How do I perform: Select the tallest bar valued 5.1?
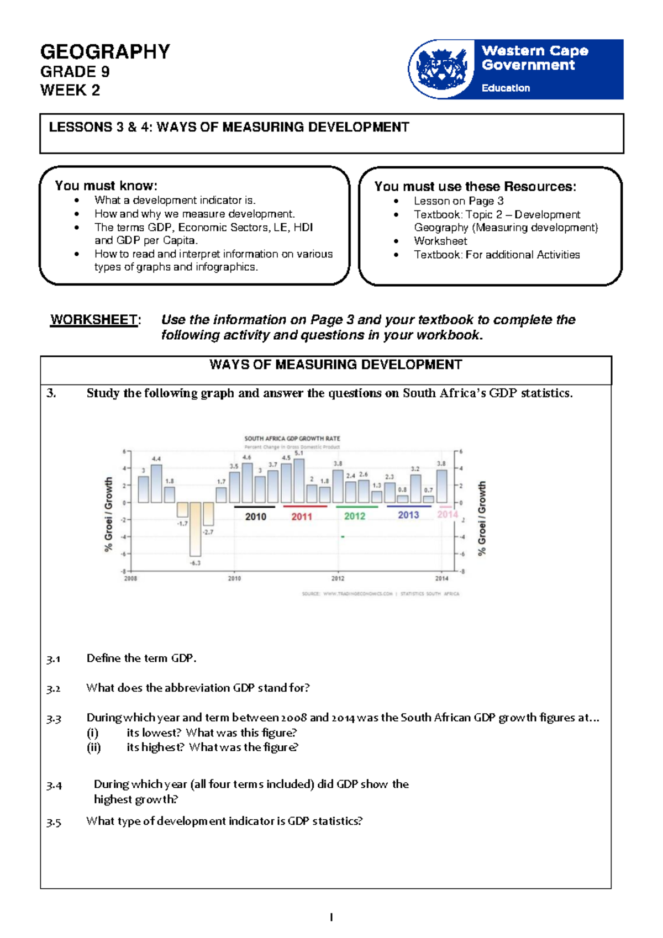point(299,481)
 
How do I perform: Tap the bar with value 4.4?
point(156,483)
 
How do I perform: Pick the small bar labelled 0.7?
point(428,499)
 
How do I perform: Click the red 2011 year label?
point(302,517)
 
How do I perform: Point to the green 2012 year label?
point(355,516)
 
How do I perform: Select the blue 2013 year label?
point(408,515)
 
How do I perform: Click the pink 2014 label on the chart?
point(448,514)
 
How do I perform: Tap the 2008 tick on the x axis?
point(130,578)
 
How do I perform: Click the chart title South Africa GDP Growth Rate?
point(292,439)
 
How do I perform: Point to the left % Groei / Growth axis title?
point(108,514)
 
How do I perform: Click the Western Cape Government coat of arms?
point(441,69)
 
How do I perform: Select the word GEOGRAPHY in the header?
point(105,52)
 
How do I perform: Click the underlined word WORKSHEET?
point(94,320)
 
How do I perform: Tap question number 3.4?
point(54,786)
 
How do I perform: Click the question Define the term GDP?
point(141,658)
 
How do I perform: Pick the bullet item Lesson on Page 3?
point(459,201)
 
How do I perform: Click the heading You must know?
point(106,186)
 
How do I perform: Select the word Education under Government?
point(506,88)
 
